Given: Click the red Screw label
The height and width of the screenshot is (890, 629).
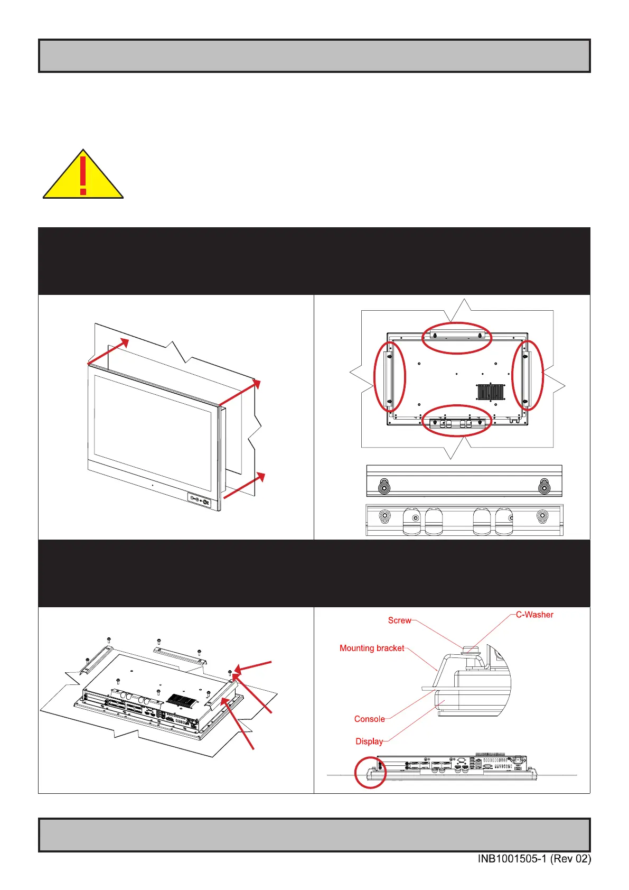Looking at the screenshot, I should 399,620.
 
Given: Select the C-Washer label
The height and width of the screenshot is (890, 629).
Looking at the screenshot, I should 534,615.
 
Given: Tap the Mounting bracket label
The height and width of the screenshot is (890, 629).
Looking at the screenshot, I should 372,648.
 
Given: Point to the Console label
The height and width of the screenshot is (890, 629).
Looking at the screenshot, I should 369,719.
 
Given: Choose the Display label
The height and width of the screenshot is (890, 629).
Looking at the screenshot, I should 369,741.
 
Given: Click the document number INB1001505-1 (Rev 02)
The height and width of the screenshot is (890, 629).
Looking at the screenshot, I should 534,859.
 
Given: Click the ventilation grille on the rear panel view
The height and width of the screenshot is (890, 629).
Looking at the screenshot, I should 491,392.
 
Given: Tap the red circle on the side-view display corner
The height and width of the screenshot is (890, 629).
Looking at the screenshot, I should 370,773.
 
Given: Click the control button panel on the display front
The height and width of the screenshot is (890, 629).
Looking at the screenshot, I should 199,500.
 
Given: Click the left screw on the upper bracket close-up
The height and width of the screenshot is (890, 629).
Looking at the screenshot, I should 385,488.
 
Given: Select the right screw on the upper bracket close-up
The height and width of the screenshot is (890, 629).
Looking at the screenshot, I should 543,488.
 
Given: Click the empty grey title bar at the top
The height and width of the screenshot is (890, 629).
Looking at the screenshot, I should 314,56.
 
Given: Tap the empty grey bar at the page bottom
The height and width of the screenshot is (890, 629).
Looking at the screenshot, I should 314,835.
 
